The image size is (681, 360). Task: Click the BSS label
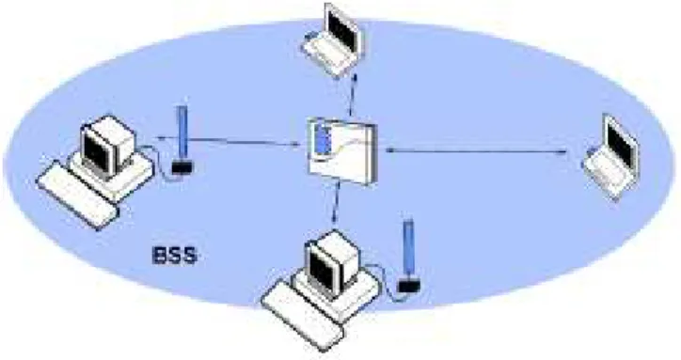[x=175, y=256]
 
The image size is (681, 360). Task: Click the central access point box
[x=341, y=151]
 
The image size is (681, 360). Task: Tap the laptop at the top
[x=334, y=40]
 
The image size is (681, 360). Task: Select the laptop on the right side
[x=611, y=157]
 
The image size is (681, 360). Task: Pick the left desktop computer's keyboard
[x=78, y=195]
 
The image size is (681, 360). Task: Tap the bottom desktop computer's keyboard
[x=303, y=316]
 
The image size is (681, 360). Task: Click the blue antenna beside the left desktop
[x=182, y=132]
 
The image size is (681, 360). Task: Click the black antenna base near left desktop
[x=182, y=167]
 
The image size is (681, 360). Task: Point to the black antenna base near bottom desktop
[x=409, y=285]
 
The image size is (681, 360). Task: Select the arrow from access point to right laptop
[x=476, y=151]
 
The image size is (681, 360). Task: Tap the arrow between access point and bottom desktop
[x=336, y=204]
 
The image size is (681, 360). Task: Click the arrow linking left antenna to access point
[x=230, y=140]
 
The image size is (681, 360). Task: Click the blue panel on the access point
[x=322, y=139]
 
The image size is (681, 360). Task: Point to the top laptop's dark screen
[x=342, y=29]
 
